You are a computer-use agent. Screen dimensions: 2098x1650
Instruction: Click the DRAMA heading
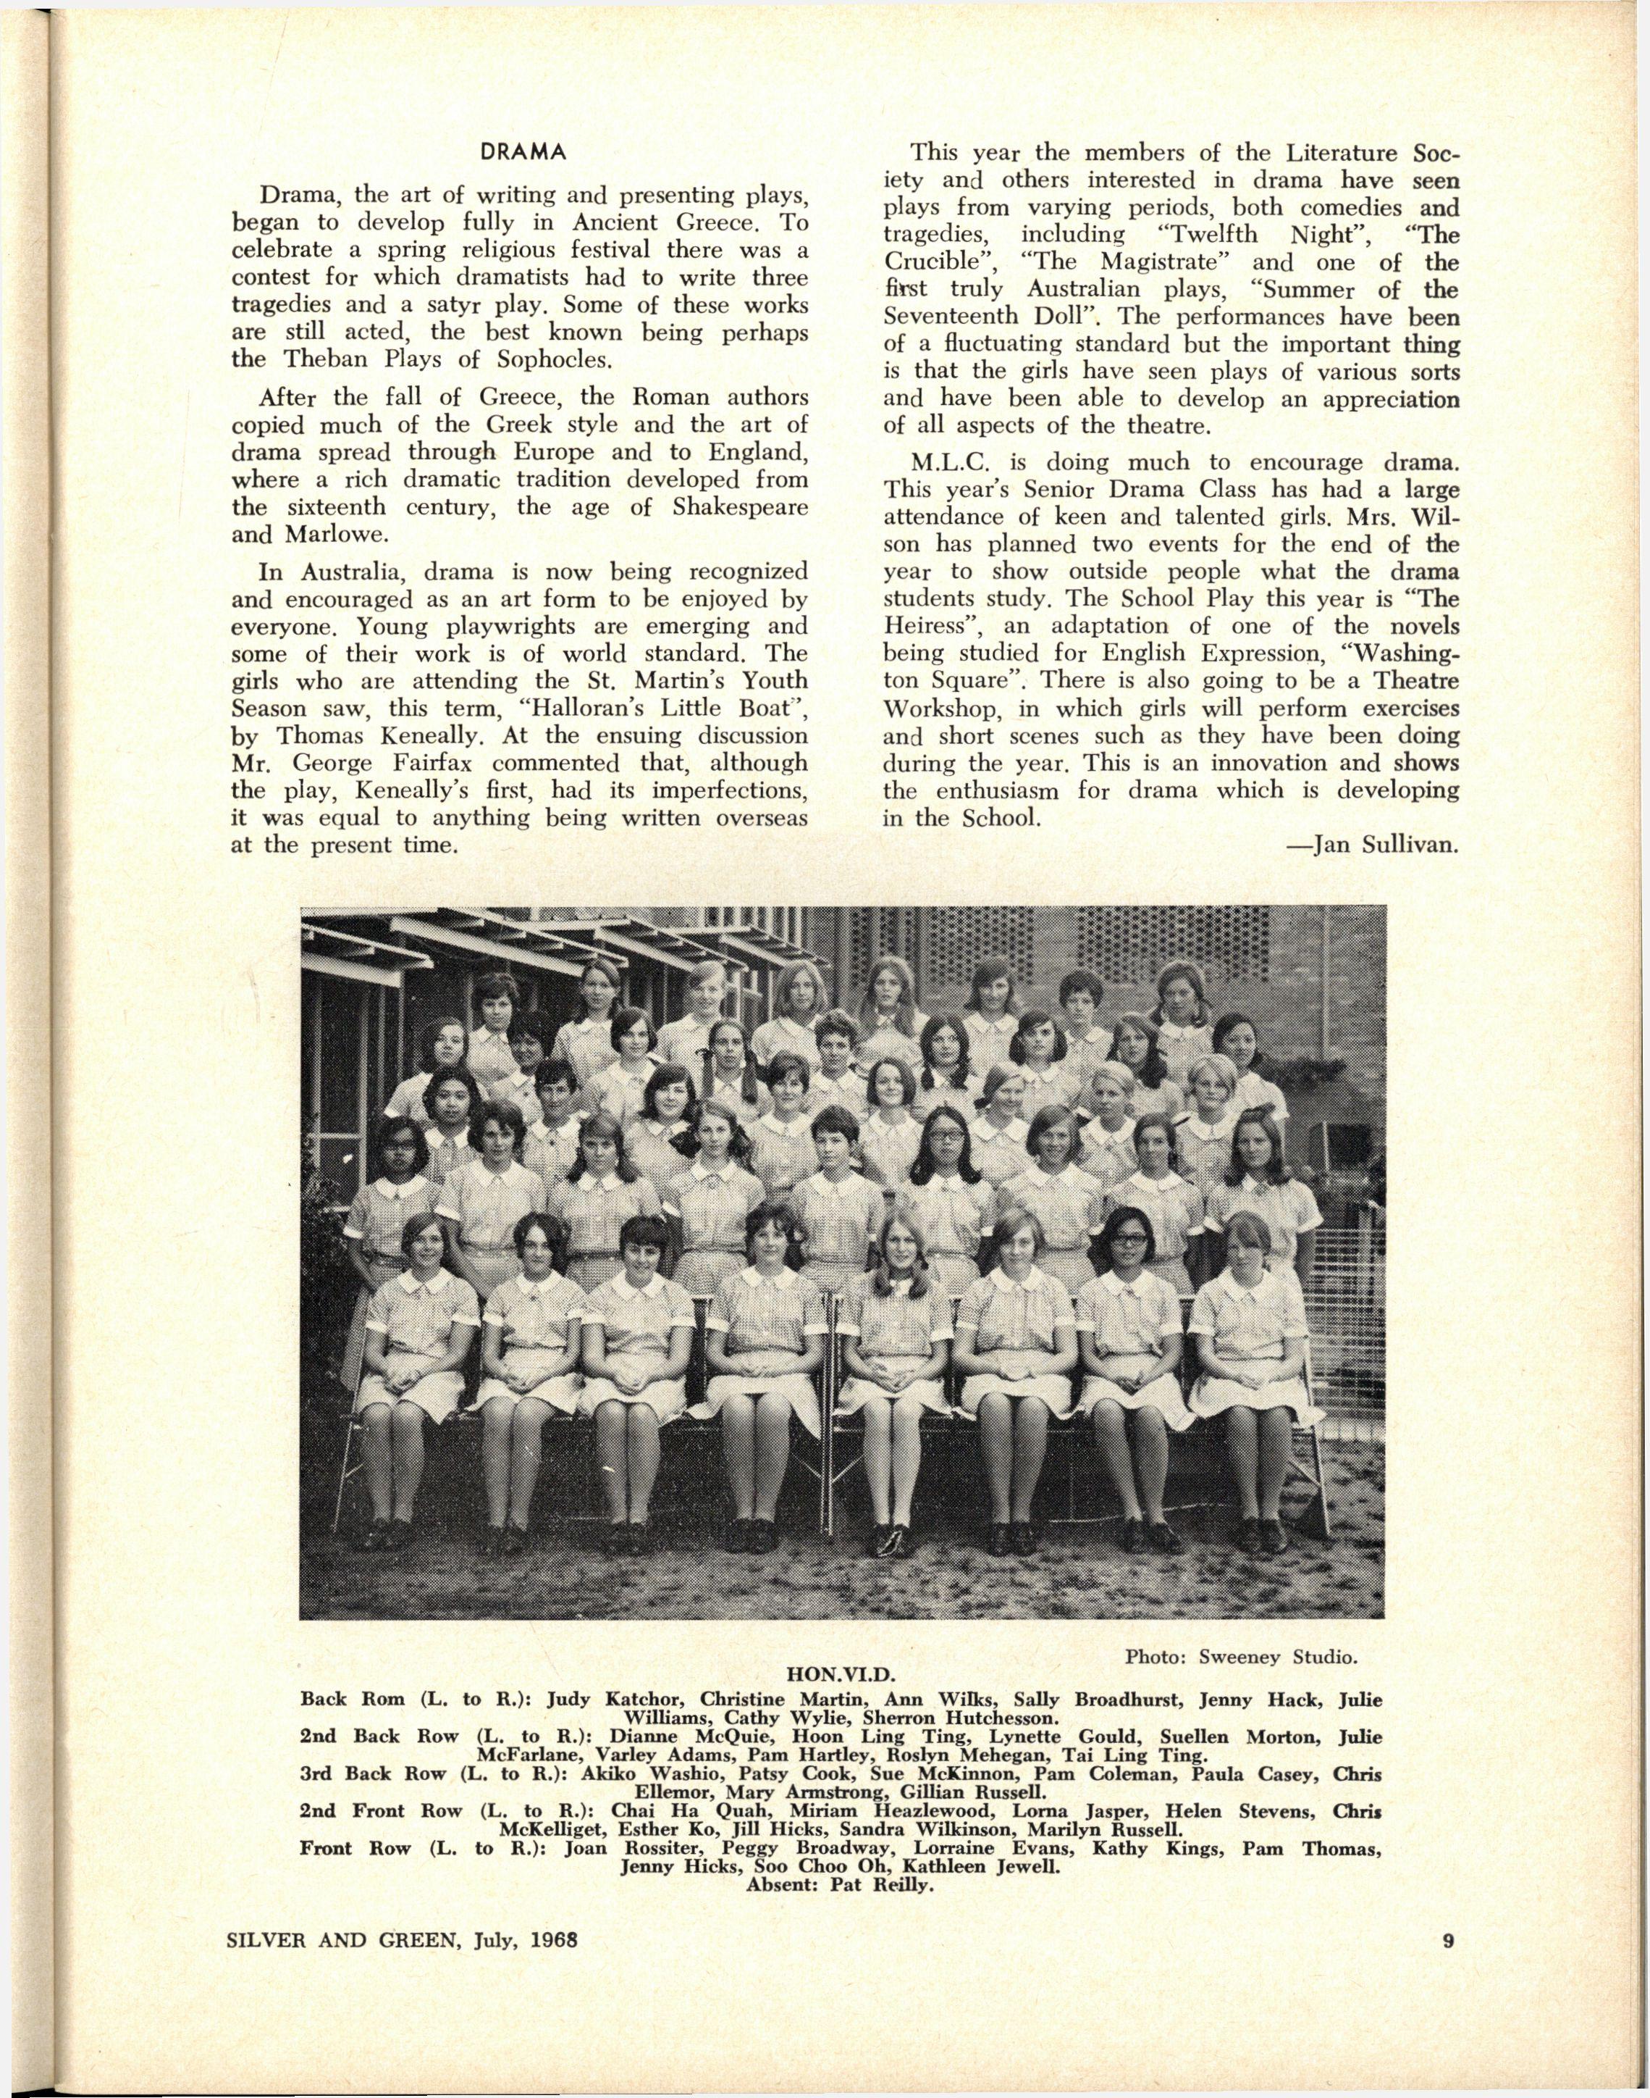point(522,153)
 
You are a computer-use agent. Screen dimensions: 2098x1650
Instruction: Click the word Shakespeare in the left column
point(732,506)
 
